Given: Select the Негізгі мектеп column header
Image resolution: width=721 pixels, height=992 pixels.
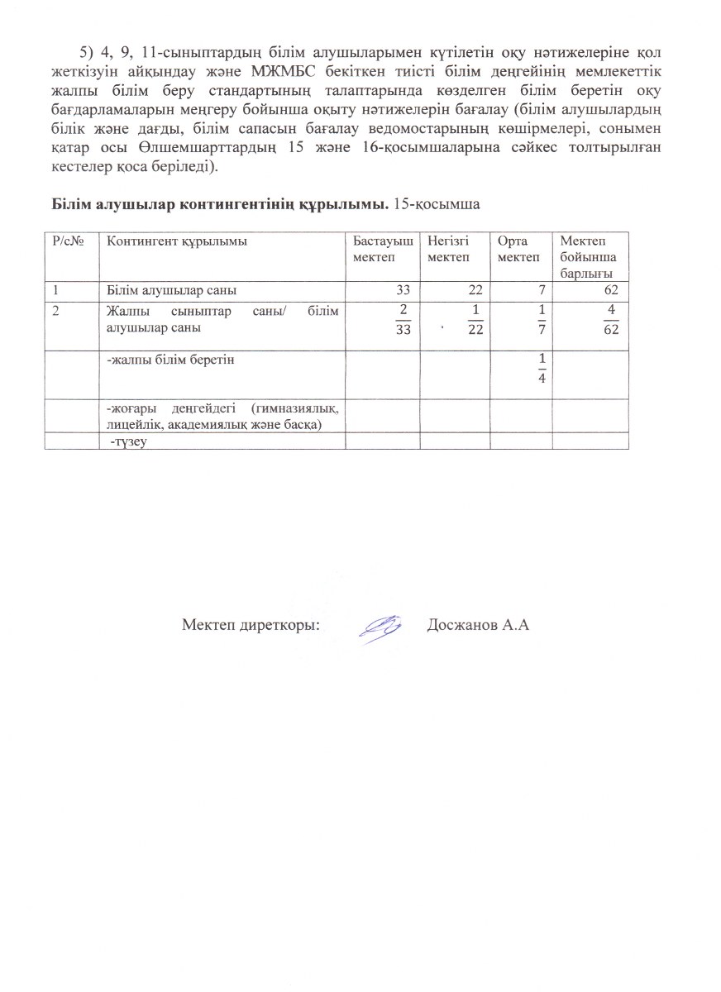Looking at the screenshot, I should click(x=448, y=249).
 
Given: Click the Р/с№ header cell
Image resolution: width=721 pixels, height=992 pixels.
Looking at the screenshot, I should click(x=65, y=241).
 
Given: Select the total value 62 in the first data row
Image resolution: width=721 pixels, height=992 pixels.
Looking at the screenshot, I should click(x=613, y=290).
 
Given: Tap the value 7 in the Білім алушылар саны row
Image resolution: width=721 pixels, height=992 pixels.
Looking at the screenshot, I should click(x=542, y=290).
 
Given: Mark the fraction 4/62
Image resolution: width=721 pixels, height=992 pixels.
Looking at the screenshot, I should click(x=611, y=320).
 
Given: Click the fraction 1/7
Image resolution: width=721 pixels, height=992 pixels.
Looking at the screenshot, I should click(x=542, y=320).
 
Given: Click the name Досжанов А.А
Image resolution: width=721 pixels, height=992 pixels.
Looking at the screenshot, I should click(x=478, y=625).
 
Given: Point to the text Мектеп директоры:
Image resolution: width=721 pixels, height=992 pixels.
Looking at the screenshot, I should click(x=251, y=625).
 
